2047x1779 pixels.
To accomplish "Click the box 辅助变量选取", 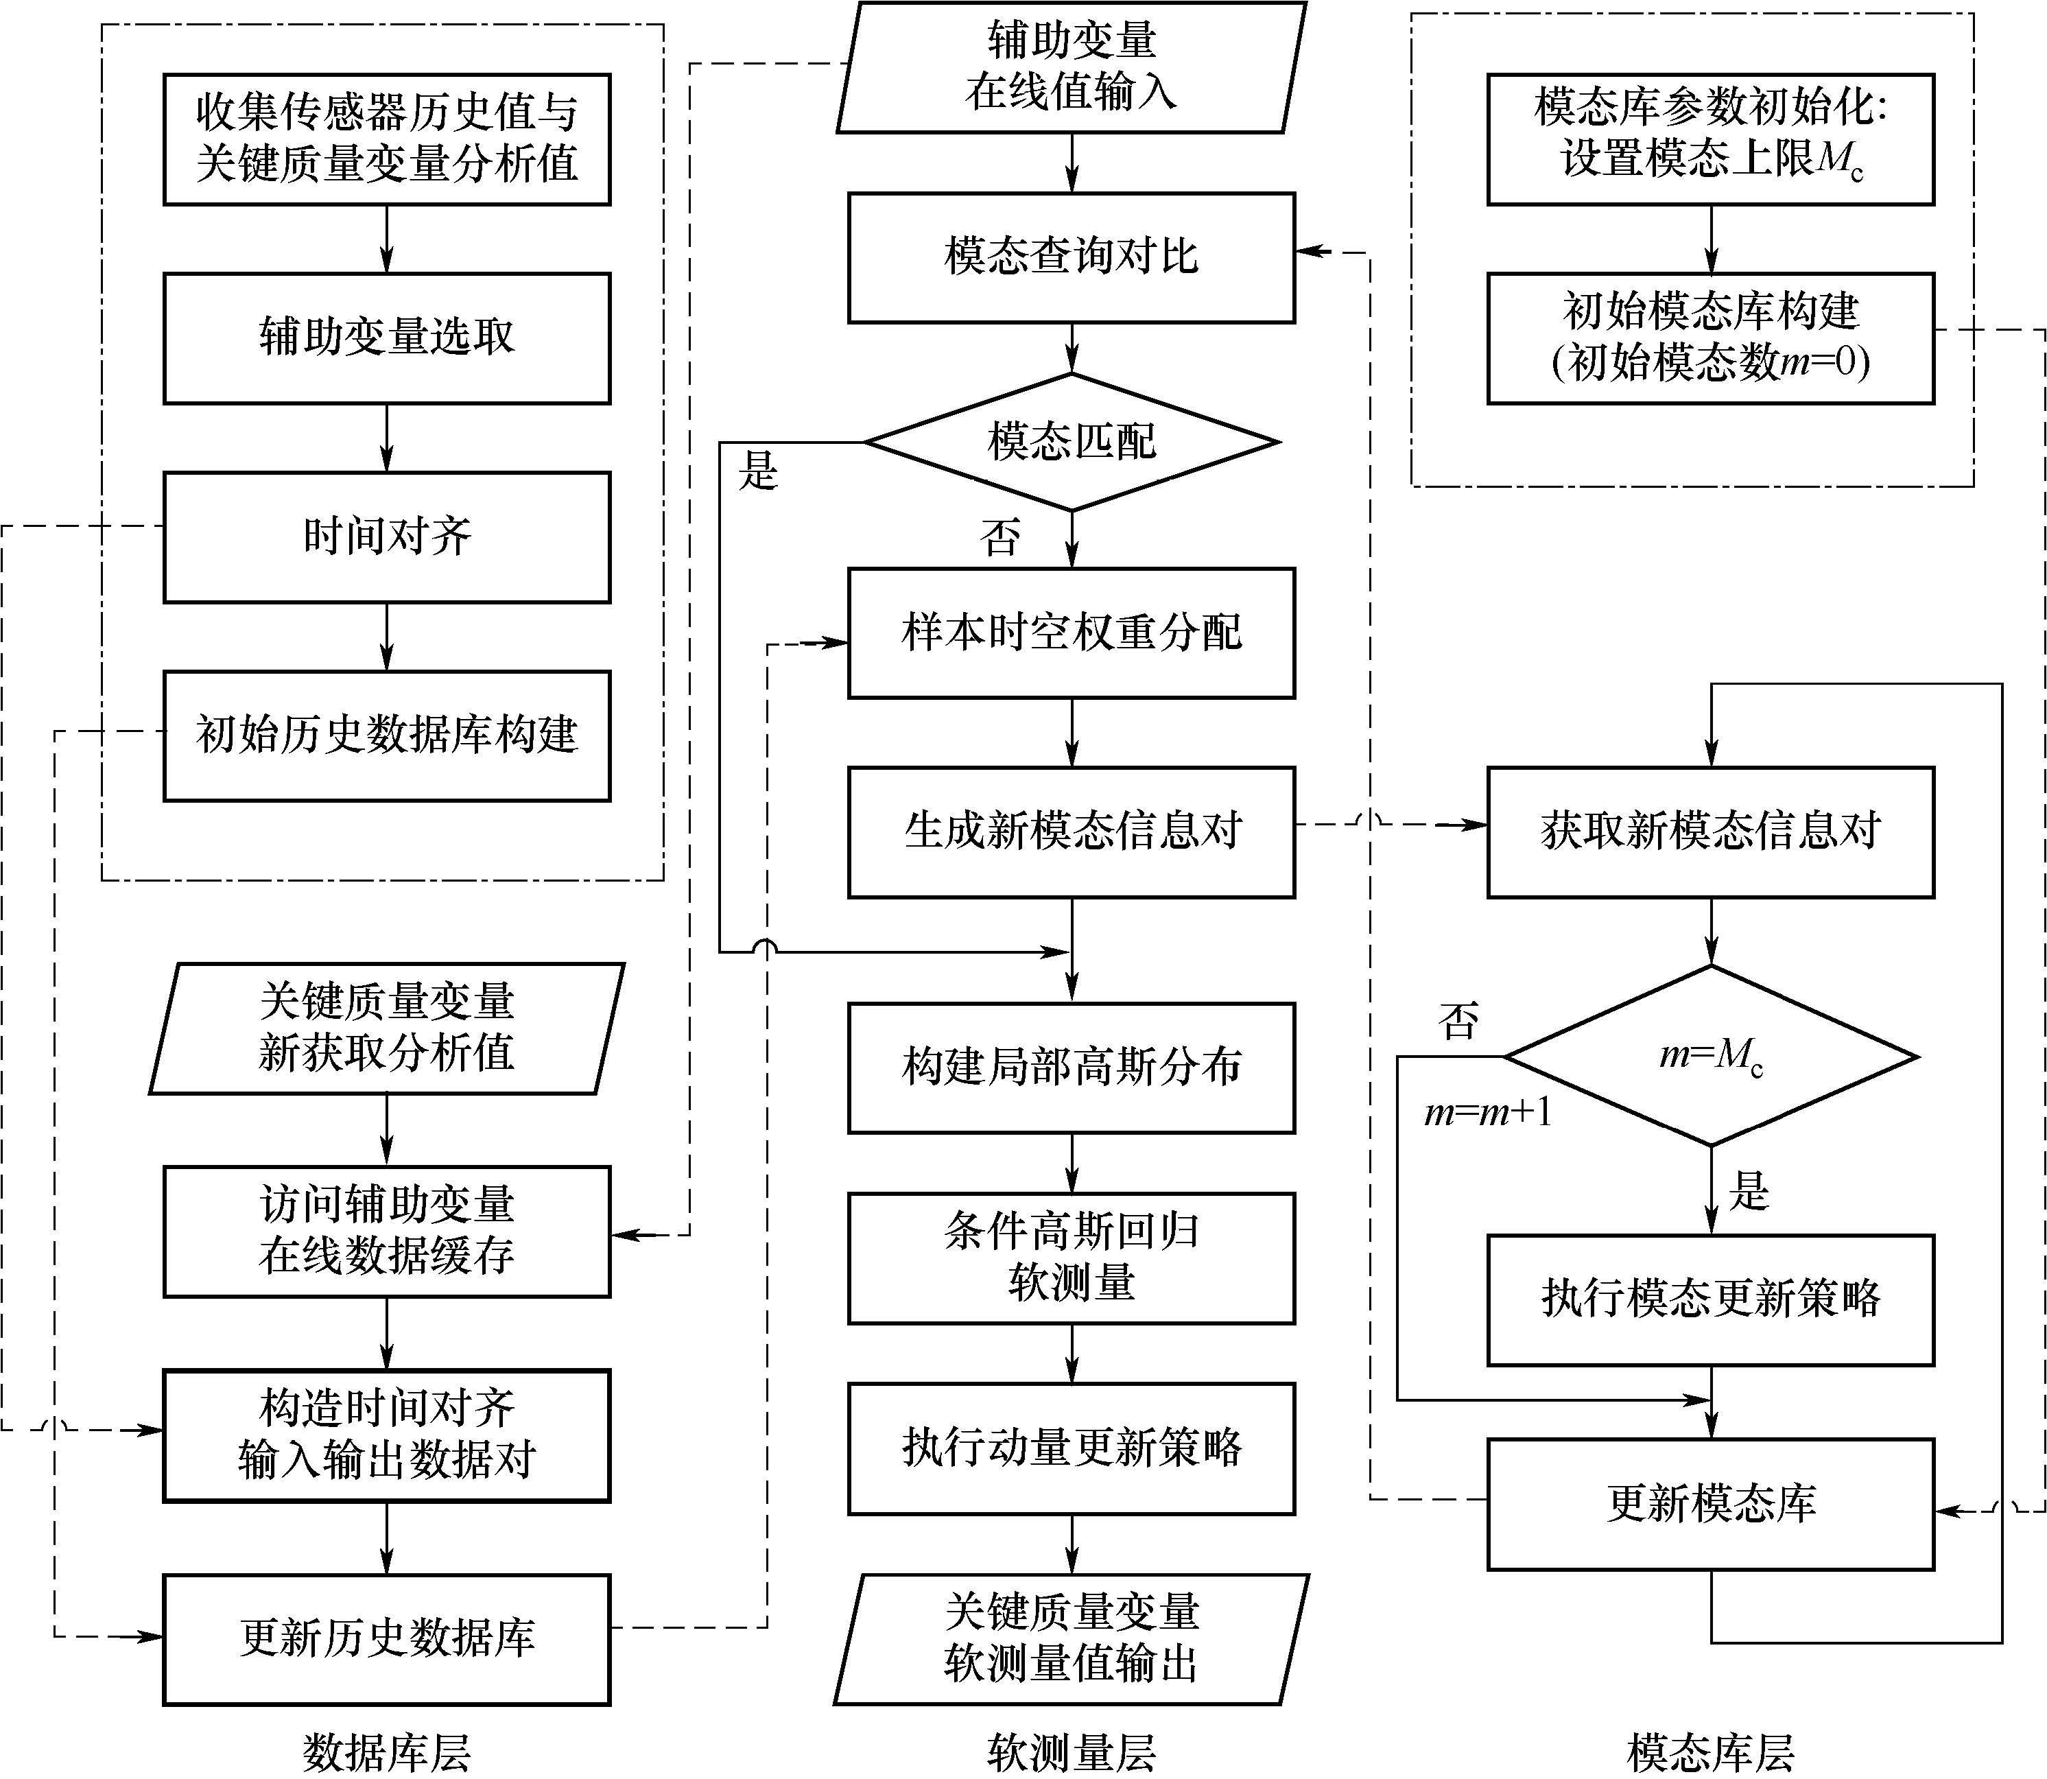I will (386, 338).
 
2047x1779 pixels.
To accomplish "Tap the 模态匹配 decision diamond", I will (1071, 442).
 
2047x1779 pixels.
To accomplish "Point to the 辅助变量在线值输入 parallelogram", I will (1071, 67).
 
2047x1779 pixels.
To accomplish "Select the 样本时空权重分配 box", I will (1071, 633).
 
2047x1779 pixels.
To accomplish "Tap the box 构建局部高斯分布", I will (1071, 1068).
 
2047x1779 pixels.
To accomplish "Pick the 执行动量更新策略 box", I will (1071, 1448).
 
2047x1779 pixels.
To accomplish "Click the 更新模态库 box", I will (1710, 1504).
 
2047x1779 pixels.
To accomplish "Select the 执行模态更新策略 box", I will (1710, 1299).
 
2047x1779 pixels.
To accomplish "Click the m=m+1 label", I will (1487, 1113).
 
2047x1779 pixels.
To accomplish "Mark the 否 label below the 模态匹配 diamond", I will (999, 538).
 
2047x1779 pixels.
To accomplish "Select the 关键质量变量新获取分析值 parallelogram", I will (386, 1028).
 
